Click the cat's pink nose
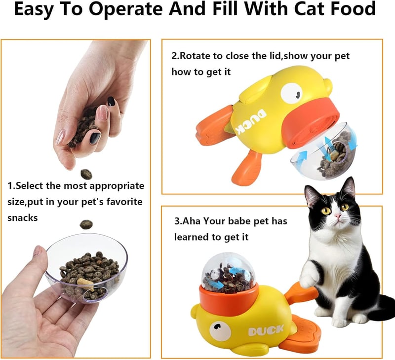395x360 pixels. point(337,216)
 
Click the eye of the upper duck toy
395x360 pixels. point(290,92)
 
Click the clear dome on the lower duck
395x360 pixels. point(229,270)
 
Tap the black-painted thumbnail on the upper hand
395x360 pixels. point(112,101)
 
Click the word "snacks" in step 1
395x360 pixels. point(22,217)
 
